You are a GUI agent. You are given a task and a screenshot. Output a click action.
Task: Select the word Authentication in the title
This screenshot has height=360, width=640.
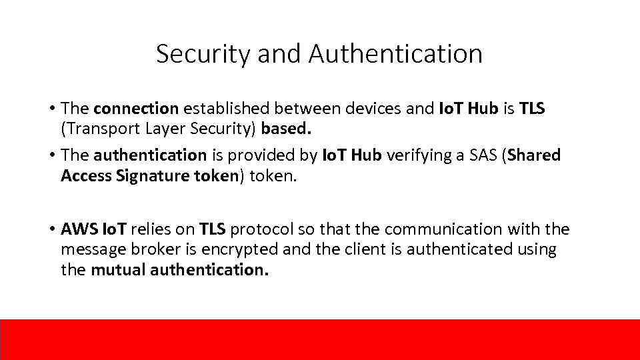396,54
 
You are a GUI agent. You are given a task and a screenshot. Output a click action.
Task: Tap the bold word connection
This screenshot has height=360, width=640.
136,108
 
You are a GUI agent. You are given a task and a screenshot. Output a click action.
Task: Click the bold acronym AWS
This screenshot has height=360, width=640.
79,229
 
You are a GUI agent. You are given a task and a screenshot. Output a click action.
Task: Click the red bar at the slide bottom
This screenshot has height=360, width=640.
320,339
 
